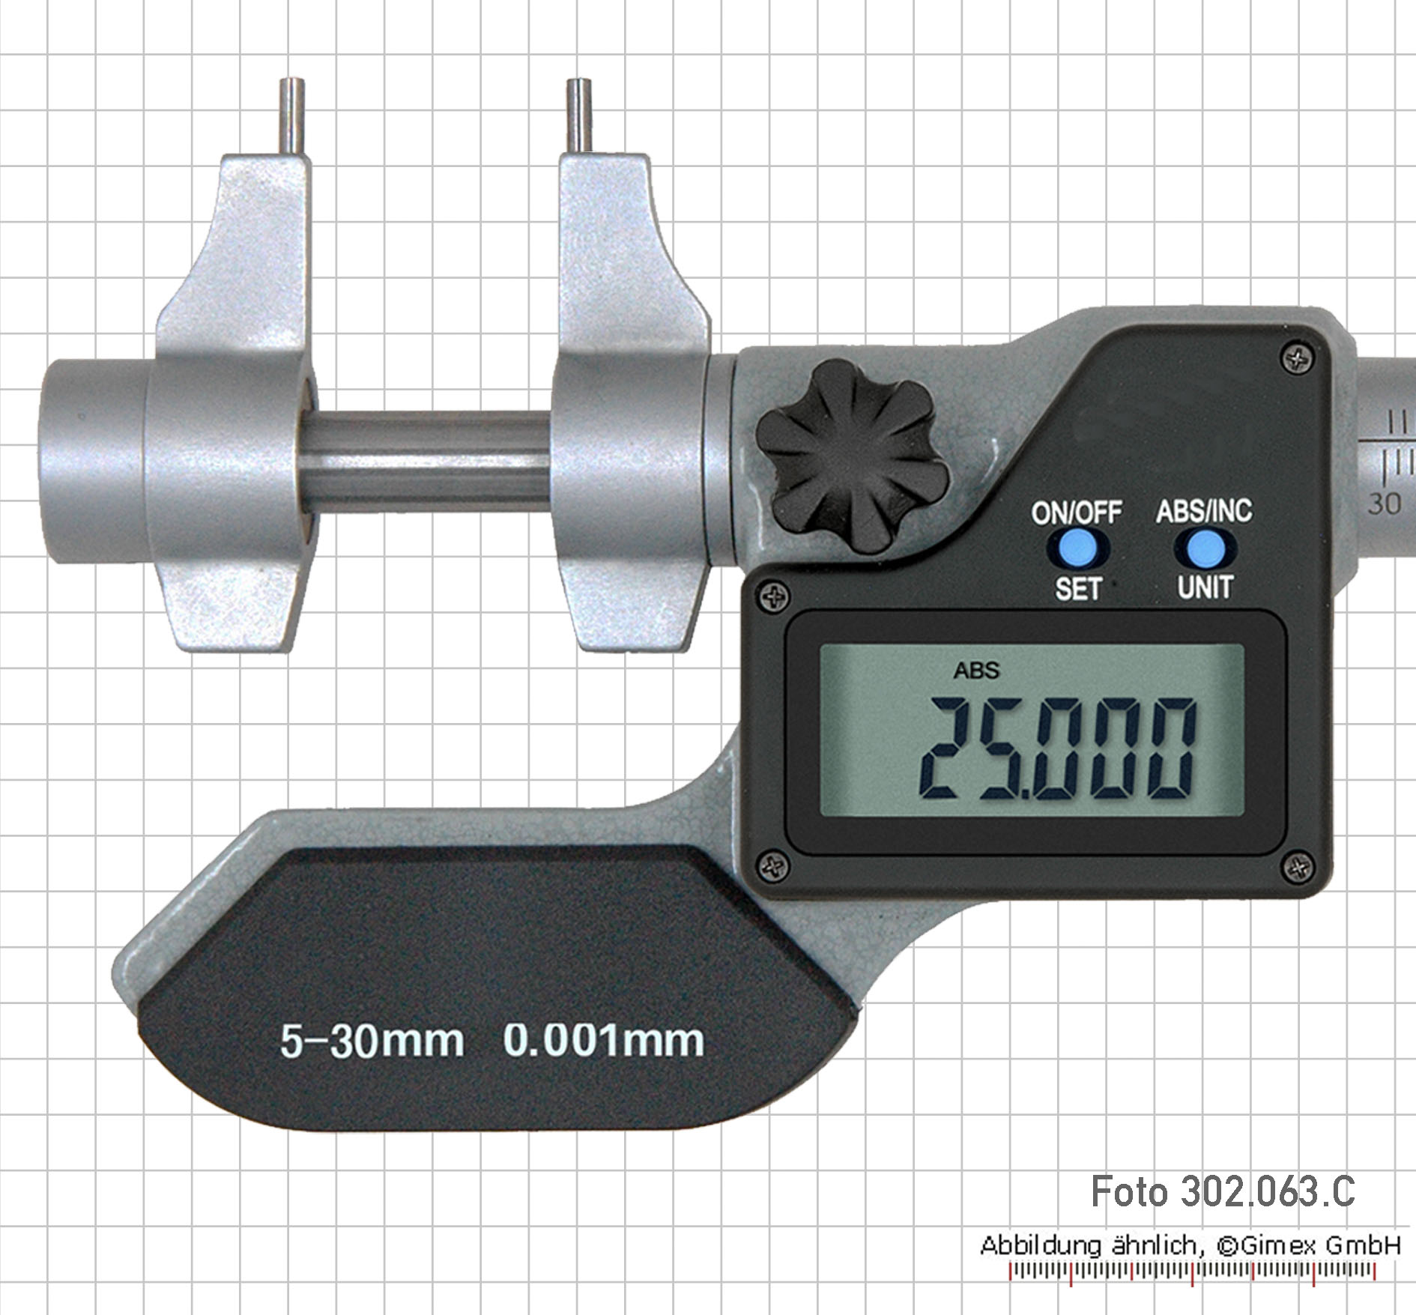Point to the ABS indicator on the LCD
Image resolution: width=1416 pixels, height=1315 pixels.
pyautogui.click(x=976, y=670)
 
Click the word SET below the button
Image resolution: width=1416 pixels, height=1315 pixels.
pyautogui.click(x=1078, y=589)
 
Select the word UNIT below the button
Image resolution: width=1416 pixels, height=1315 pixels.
pyautogui.click(x=1205, y=587)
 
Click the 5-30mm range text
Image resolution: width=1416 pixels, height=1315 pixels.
pyautogui.click(x=372, y=1041)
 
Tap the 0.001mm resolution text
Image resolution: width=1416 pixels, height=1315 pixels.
pyautogui.click(x=604, y=1040)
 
